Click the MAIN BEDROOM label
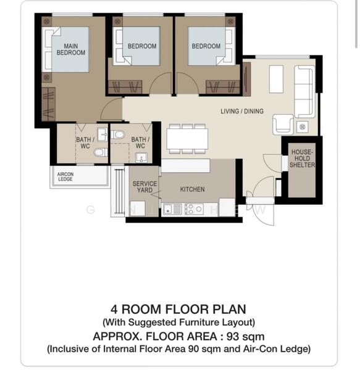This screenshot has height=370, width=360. tap(71, 49)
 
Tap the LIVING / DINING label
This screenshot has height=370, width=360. tap(242, 111)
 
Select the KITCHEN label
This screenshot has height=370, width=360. tap(192, 189)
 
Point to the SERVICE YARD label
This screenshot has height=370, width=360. tap(144, 187)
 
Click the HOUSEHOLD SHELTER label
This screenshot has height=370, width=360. tap(302, 158)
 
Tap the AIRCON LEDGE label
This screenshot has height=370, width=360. tap(65, 176)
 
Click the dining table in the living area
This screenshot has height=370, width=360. tap(187, 139)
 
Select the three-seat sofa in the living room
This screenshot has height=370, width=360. tap(304, 91)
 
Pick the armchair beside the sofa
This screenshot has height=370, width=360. tap(283, 124)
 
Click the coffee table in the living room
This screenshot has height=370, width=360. tap(276, 80)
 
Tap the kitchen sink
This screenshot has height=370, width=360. tap(172, 209)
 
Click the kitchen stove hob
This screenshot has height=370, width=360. tap(194, 209)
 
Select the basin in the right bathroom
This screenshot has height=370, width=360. tap(141, 157)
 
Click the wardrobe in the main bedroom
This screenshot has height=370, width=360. tap(48, 104)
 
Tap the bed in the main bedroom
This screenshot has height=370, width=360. tap(65, 49)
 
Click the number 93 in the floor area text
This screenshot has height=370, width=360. tap(233, 336)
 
